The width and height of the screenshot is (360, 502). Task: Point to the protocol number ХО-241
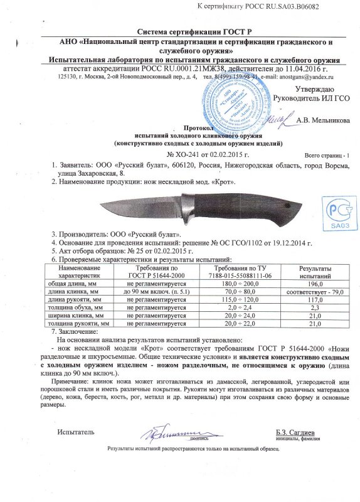click(188, 154)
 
